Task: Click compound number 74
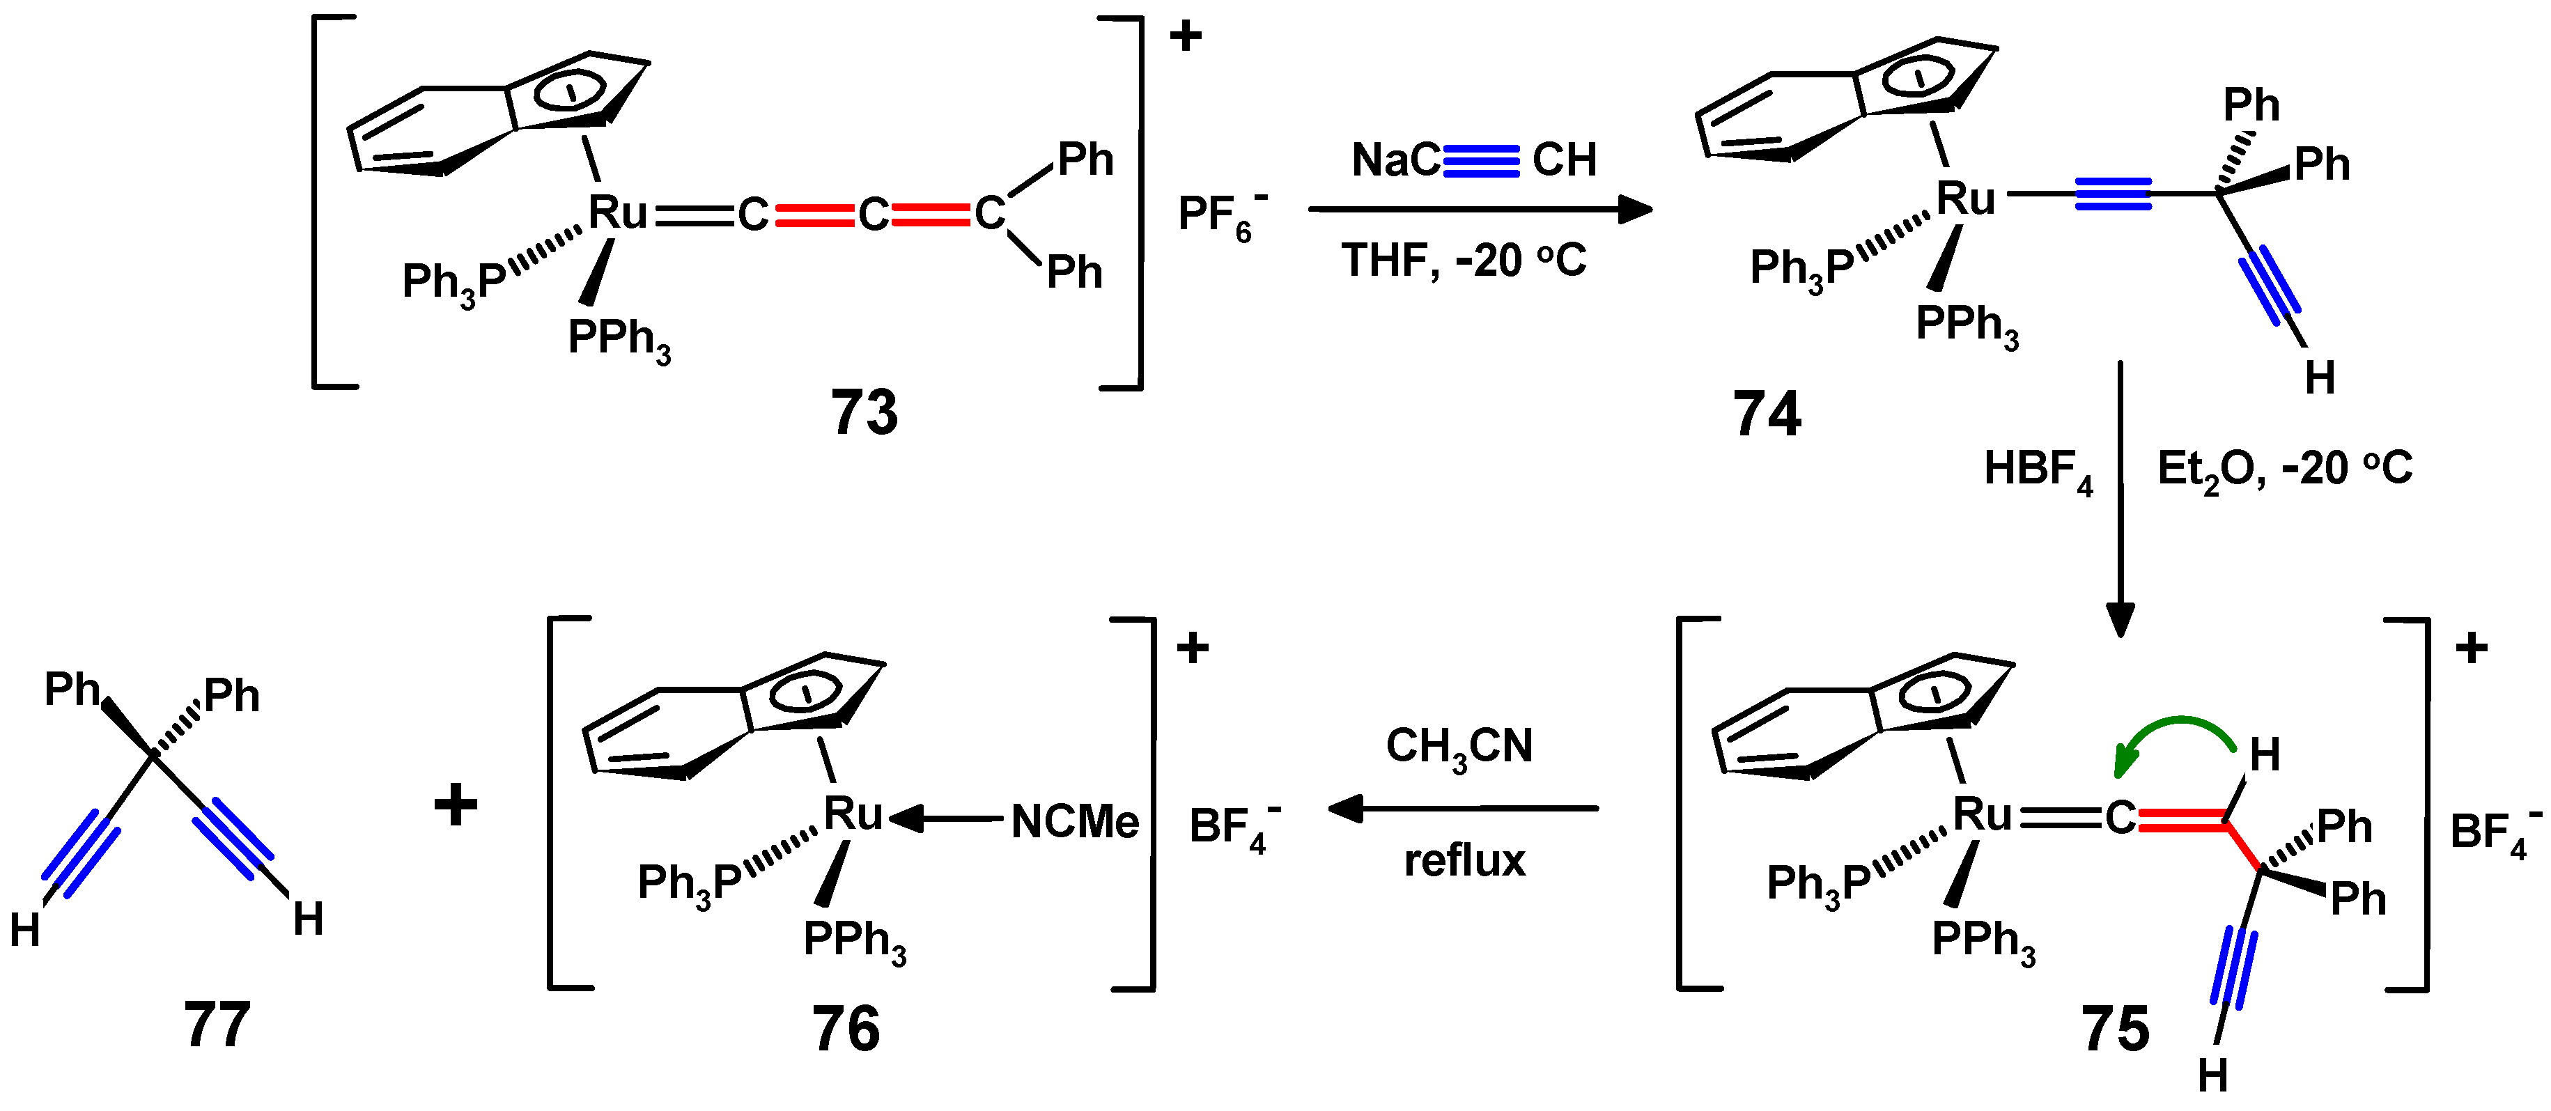point(1766,414)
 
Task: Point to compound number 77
point(217,1024)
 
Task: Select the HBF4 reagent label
point(2038,469)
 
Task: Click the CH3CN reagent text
point(1459,747)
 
